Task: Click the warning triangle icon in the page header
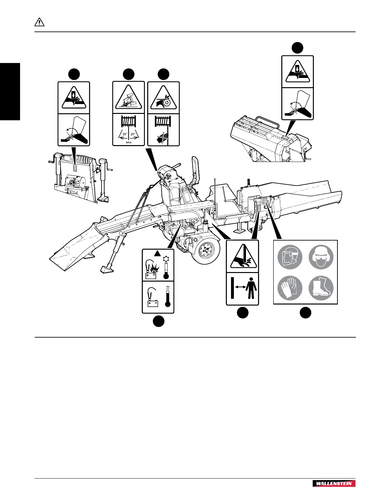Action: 39,23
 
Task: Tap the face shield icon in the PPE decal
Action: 289,256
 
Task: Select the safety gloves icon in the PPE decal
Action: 289,287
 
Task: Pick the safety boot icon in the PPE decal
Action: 321,287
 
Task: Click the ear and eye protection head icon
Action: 321,256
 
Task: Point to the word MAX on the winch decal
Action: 129,143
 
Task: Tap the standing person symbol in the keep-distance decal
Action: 251,288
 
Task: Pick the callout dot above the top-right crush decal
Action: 298,47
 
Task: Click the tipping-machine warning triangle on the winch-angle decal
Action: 129,97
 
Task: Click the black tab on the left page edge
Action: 10,91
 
